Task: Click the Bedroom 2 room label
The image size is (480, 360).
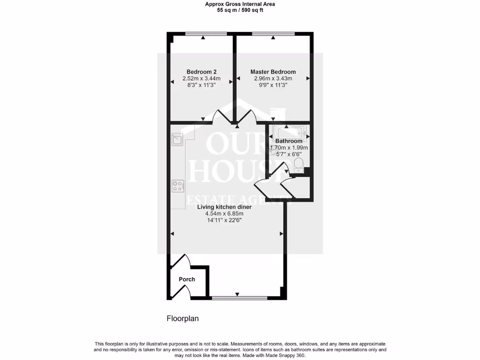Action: point(201,72)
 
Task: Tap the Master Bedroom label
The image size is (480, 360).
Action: point(273,72)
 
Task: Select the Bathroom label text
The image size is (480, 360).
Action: point(289,141)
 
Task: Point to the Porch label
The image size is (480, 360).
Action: point(187,279)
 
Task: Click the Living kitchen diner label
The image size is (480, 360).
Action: point(224,207)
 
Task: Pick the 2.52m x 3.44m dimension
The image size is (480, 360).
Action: point(201,79)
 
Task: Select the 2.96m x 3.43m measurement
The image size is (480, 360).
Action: point(273,79)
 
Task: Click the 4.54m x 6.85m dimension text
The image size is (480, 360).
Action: point(224,214)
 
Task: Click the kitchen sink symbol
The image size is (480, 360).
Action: point(178,139)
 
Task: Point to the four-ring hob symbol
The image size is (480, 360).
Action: point(178,186)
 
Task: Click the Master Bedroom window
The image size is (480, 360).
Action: point(273,33)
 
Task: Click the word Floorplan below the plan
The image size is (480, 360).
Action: point(183,319)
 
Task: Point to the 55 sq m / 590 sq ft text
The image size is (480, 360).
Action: point(240,10)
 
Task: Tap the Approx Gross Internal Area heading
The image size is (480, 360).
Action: point(240,4)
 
